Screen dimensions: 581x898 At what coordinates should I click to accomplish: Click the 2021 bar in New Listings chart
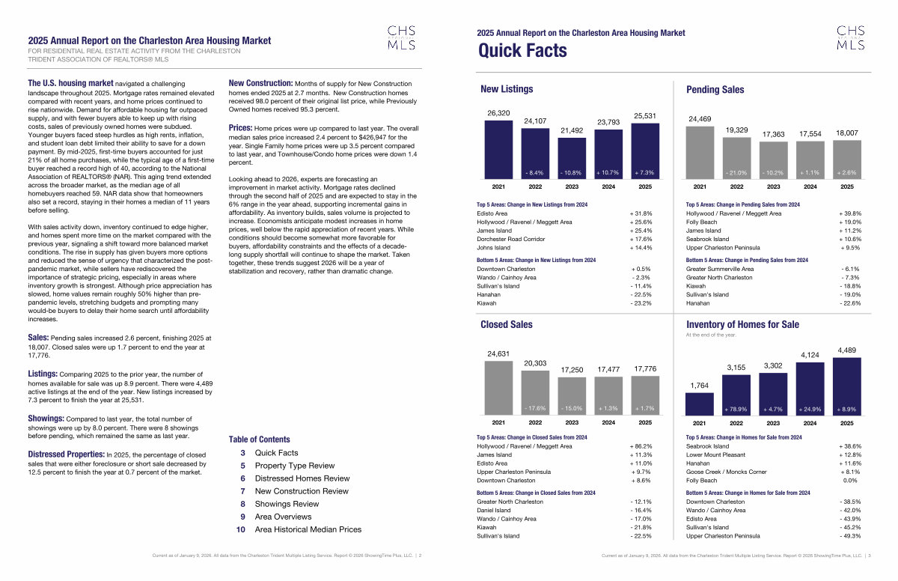pos(498,148)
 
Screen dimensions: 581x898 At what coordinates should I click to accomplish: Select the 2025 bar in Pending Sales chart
pos(846,158)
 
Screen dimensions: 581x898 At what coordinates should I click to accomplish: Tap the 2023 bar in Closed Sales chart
pos(572,395)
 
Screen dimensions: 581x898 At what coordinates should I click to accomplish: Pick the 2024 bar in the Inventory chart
pos(810,389)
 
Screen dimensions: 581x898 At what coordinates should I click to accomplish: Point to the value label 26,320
pos(498,113)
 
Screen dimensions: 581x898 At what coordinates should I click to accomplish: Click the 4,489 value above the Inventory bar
pos(846,350)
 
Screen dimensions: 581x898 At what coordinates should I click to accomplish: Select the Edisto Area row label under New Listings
pos(492,213)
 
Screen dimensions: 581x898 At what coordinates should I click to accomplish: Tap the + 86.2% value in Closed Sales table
pos(641,446)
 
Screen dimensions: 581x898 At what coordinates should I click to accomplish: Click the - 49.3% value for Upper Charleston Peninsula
pos(850,536)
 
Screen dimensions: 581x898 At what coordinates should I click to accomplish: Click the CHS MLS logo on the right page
pos(850,37)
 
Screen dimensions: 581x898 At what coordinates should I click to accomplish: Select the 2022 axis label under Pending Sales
pos(736,186)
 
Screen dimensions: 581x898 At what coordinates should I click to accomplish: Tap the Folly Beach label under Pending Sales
pos(701,222)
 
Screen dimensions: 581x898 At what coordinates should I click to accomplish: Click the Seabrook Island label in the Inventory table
pos(707,446)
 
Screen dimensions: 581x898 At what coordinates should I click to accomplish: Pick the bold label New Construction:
pos(260,83)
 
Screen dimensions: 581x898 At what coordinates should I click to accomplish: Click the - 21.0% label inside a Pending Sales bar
pos(736,172)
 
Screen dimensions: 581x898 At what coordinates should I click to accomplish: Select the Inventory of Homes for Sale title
pos(742,324)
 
